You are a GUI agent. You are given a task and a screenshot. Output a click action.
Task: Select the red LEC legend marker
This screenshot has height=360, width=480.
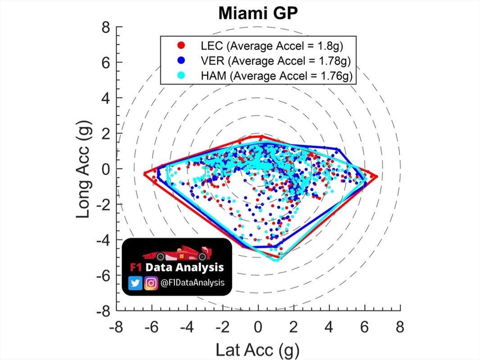click(x=181, y=45)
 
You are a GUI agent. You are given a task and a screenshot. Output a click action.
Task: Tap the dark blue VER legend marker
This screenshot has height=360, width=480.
click(x=181, y=60)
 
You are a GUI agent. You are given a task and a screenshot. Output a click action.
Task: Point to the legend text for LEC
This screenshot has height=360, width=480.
click(x=272, y=45)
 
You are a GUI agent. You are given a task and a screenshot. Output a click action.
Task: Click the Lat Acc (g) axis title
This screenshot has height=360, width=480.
click(x=258, y=349)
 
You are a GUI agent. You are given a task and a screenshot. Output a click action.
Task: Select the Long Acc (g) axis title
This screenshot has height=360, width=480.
click(x=84, y=169)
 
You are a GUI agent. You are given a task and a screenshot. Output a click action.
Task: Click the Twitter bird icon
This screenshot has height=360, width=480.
click(x=135, y=283)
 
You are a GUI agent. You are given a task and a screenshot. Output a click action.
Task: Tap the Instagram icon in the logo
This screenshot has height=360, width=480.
click(x=151, y=283)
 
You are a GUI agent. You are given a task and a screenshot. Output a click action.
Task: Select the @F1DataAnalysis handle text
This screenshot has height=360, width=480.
click(x=192, y=283)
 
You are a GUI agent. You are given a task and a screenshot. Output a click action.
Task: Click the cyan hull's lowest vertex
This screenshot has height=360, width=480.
click(x=276, y=260)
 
